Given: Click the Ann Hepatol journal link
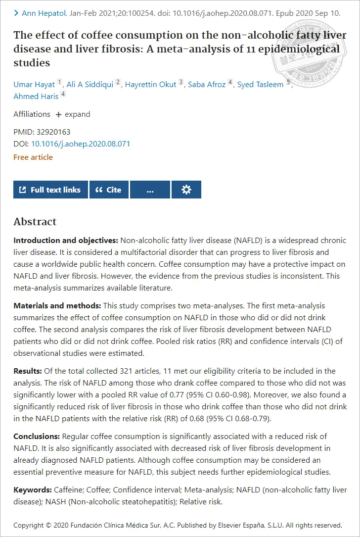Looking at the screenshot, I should tap(44, 13).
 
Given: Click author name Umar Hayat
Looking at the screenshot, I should tap(34, 85).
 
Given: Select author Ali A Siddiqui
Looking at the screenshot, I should tap(90, 85).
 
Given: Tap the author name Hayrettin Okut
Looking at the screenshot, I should tap(150, 85).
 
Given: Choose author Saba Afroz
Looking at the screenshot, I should tap(206, 85).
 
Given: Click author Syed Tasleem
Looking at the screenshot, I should tap(260, 85).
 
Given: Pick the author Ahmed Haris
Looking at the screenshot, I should tap(36, 96).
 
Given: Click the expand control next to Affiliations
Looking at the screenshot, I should tap(73, 114).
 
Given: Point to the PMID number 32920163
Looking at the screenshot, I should tap(53, 132).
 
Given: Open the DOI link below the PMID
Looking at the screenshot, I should tap(81, 144).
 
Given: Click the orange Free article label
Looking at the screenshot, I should tap(33, 157).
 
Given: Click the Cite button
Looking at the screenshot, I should tap(109, 190).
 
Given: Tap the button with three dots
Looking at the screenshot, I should tap(150, 190).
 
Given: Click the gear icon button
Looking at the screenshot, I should tap(186, 190).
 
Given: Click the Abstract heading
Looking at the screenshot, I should tap(35, 222).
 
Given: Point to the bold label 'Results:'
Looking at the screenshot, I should tap(28, 371).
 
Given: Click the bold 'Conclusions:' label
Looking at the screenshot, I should tap(37, 437).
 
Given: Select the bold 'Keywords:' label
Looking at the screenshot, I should tap(33, 490).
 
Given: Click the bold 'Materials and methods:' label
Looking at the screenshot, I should tap(57, 306).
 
